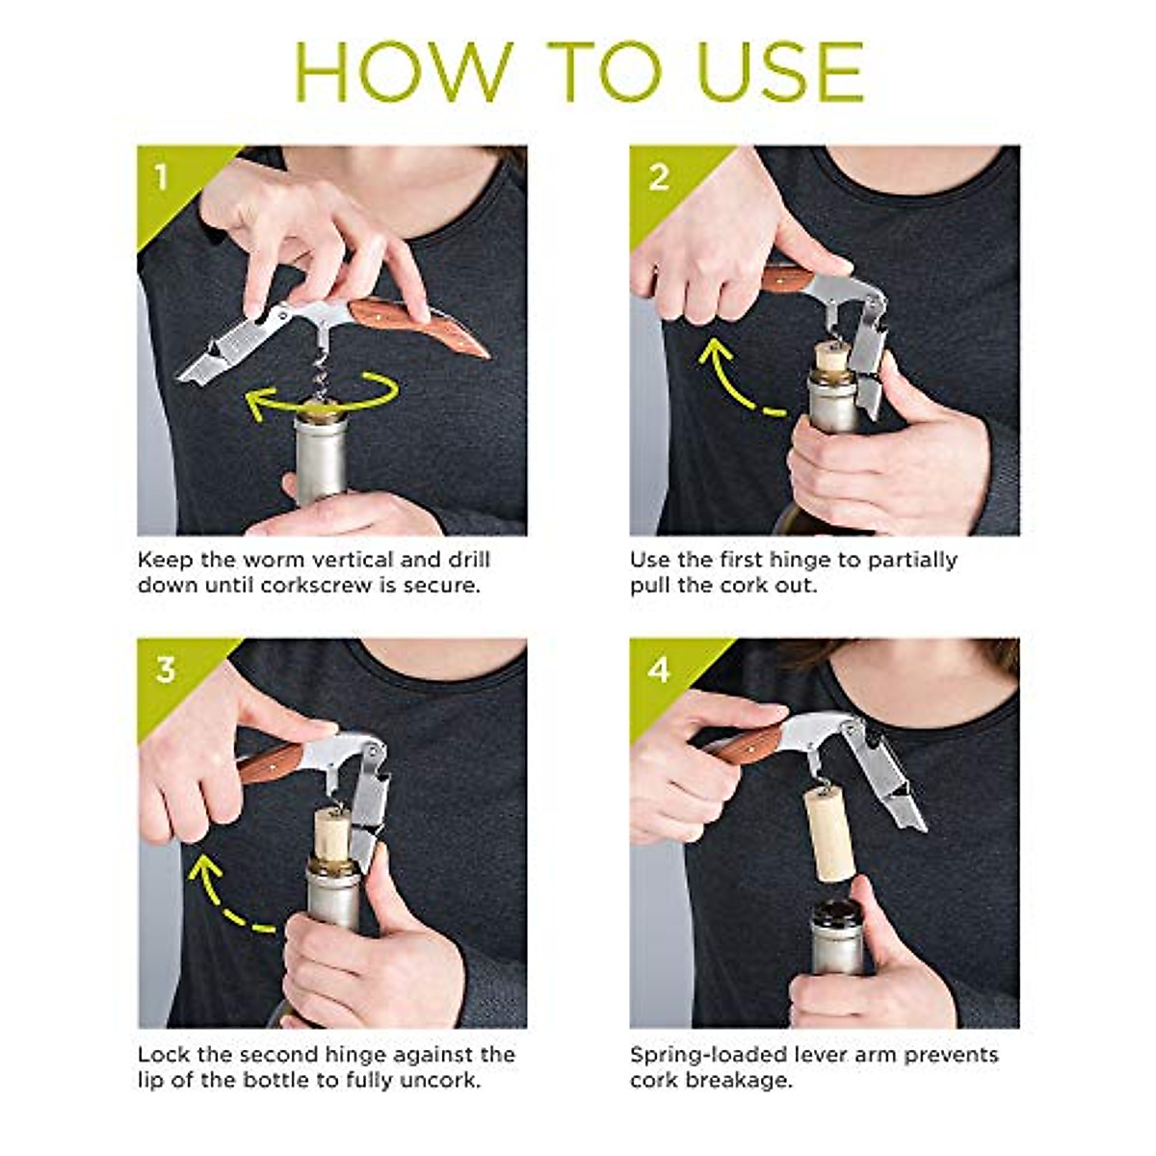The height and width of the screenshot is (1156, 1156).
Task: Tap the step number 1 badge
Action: coord(162,177)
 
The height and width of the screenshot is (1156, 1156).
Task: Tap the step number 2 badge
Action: coord(659,177)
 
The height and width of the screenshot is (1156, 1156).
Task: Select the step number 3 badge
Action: coord(166,670)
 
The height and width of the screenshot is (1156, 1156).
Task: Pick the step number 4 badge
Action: coord(659,670)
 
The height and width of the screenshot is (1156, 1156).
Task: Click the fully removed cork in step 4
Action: coord(828,832)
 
